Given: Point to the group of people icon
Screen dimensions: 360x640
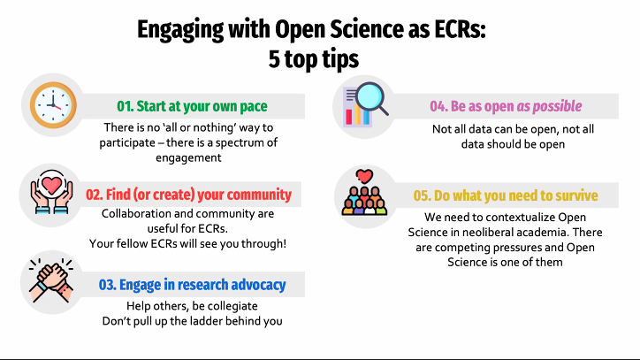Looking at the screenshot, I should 364,194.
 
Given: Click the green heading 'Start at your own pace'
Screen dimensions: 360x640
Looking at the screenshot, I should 192,106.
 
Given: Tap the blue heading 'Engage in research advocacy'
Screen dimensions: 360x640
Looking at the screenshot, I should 192,285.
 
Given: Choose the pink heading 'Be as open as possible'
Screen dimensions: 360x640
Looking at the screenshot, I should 506,106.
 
